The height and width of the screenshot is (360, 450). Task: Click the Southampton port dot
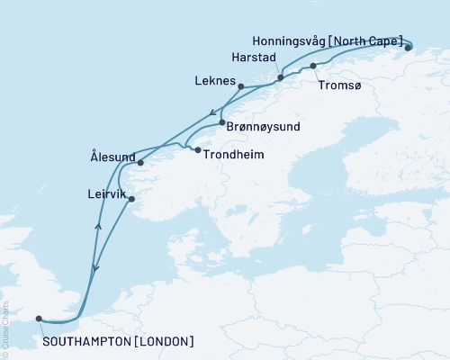[x=38, y=318]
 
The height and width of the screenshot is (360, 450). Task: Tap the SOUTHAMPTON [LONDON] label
[x=118, y=341]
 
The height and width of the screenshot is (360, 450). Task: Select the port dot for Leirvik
[x=131, y=199]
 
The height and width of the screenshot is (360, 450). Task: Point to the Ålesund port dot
[x=140, y=162]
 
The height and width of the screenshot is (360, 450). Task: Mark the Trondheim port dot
[x=198, y=150]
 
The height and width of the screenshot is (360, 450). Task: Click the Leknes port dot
[x=240, y=86]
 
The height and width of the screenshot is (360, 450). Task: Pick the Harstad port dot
[x=281, y=77]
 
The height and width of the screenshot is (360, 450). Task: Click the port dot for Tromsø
[x=313, y=66]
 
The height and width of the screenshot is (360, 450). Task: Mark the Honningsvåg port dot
[x=408, y=48]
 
